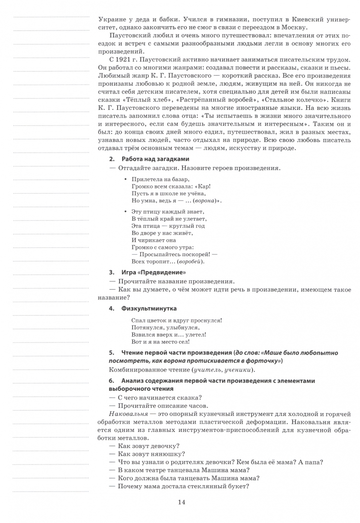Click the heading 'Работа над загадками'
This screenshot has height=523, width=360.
click(x=155, y=159)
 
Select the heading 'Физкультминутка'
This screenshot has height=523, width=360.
click(x=149, y=308)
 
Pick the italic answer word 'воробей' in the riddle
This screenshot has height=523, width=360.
click(x=190, y=261)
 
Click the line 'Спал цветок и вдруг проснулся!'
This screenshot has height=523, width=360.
click(x=177, y=320)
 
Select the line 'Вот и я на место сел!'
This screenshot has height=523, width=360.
click(x=161, y=342)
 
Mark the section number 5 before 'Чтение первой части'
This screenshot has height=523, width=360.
click(x=112, y=353)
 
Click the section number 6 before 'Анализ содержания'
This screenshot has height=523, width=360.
click(x=112, y=381)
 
